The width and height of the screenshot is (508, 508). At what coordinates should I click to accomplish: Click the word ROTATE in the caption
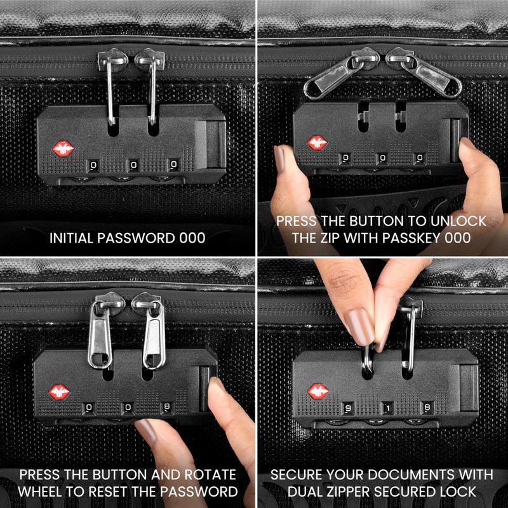point(210,475)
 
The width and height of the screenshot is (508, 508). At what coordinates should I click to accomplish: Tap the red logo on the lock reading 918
point(319,392)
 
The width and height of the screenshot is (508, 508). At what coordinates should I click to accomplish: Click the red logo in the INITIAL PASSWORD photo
point(62,150)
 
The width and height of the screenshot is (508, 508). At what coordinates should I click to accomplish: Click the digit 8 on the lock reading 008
point(167,407)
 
